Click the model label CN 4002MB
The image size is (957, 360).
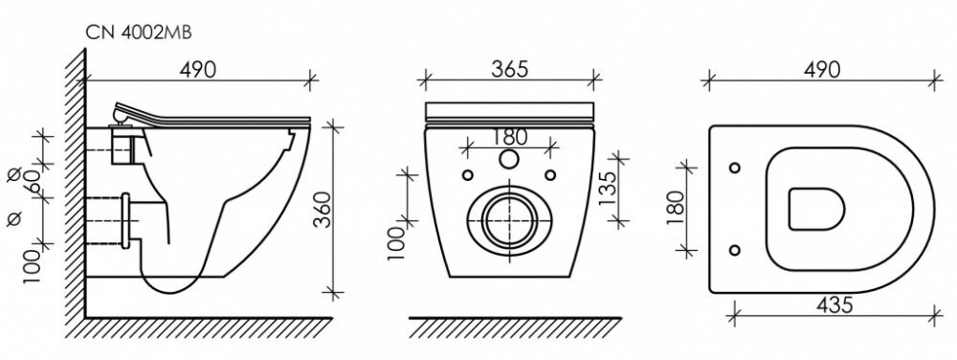point(139,33)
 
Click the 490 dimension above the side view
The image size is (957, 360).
point(198,70)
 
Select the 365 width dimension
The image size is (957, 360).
point(510,69)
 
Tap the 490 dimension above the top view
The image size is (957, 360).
point(821,70)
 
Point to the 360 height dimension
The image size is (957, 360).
point(323,210)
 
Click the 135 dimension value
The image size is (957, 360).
point(608,190)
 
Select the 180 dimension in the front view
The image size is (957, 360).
point(509,137)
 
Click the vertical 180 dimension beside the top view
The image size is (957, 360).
point(675,208)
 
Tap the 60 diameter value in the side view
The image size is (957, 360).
point(33,183)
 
